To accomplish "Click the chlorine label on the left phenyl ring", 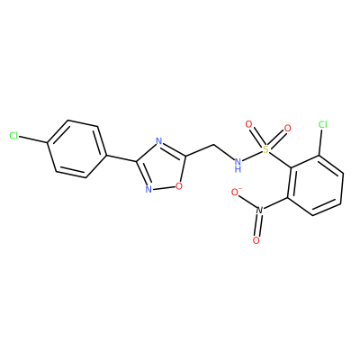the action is coord(13,136).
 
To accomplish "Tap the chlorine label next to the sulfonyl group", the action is coord(323,124).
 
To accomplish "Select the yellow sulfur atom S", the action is coord(265,149).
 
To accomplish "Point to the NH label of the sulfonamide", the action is coord(238,165).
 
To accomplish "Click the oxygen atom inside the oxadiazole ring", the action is coord(179,186).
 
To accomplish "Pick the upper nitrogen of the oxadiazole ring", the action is coord(159,141).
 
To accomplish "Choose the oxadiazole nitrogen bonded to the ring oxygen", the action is coord(148,189).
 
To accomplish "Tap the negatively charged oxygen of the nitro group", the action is coord(236,192).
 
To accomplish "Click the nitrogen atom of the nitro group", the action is coord(260,210).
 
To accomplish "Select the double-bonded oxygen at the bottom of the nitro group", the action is coord(256,240).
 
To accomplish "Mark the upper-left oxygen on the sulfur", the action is coord(248,124).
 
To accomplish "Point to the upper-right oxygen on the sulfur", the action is coord(287,129).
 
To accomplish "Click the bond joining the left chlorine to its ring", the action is coord(33,139).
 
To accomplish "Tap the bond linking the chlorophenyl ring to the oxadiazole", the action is coord(121,158).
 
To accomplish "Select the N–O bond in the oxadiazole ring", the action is coord(164,188).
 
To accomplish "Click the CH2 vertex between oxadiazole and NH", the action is coord(213,146).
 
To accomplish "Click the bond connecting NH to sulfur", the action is coord(252,157).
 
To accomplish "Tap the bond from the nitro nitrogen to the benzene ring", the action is coord(275,203).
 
